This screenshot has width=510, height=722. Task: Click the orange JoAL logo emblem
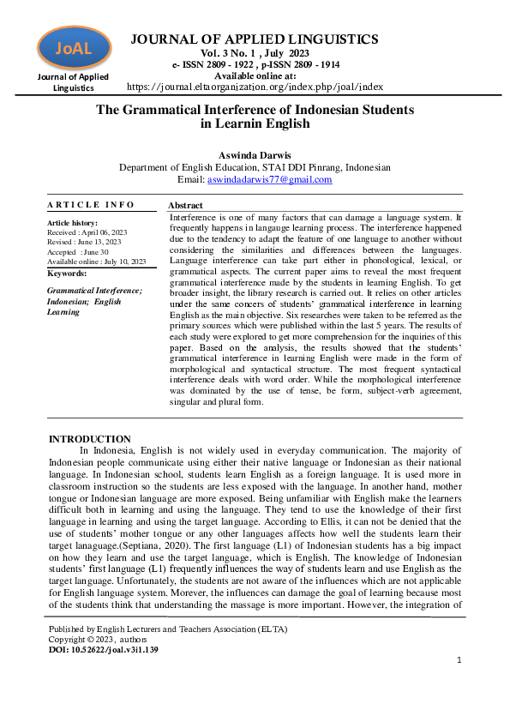point(74,48)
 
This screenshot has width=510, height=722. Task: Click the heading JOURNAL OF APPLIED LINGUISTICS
point(254,39)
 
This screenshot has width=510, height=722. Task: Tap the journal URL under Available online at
point(255,87)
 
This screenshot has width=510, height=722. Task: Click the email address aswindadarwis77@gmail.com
point(269,180)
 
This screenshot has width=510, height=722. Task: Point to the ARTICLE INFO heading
point(91,205)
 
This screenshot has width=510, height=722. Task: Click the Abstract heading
point(185,206)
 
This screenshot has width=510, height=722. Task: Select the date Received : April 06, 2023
point(87,232)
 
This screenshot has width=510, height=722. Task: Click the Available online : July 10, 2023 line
point(97,262)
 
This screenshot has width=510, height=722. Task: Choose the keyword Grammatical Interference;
point(94,292)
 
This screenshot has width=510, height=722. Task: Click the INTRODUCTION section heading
point(89,439)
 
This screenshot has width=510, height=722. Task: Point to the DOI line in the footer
point(103,649)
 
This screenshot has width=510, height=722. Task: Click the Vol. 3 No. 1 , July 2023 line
point(255,53)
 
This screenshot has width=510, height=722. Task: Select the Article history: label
point(73,223)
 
